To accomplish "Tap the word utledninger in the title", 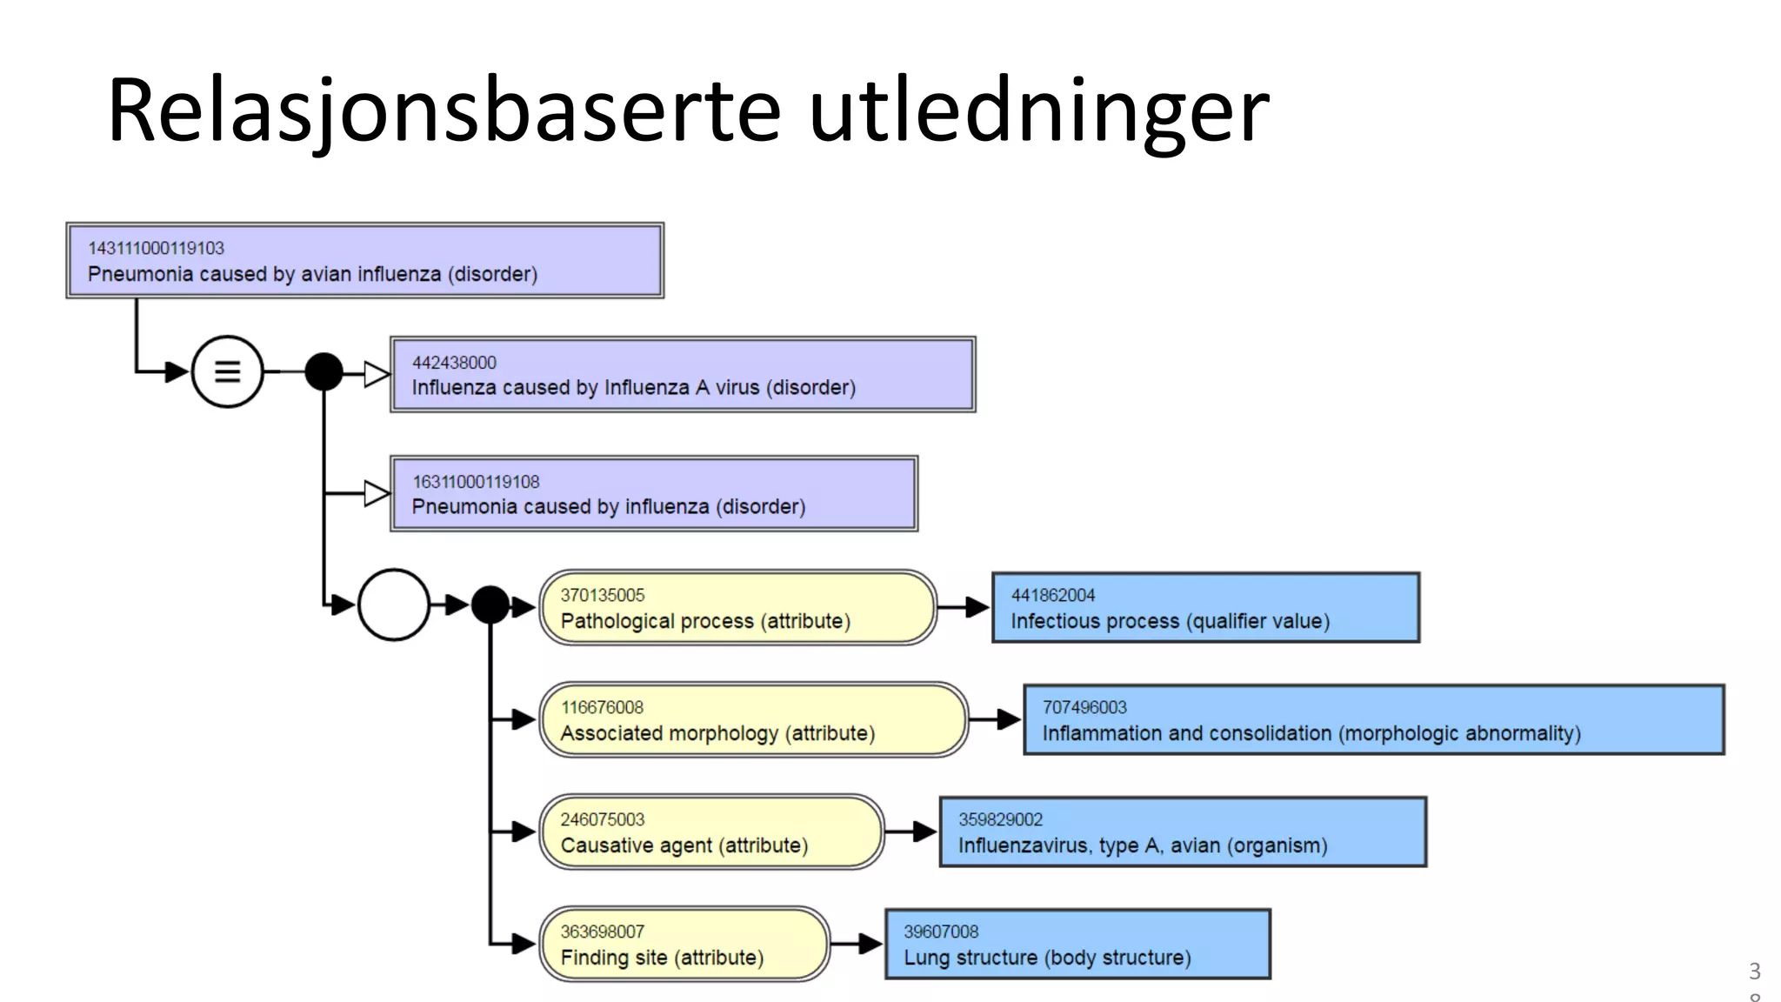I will click(x=1038, y=111).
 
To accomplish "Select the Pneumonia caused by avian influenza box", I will click(x=365, y=261).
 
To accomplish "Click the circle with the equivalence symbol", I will click(x=227, y=372).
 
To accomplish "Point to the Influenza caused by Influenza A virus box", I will click(x=683, y=375).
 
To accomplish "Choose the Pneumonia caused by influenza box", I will click(x=654, y=494).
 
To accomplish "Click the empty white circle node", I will click(x=394, y=605).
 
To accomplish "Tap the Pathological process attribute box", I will click(x=737, y=608).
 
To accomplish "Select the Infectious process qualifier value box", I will click(x=1205, y=608).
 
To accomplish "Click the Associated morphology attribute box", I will click(x=753, y=720).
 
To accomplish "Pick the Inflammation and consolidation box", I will click(x=1373, y=720).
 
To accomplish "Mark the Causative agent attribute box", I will click(x=711, y=832).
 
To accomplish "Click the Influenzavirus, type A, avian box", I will click(x=1183, y=832).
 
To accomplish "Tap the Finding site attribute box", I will click(x=684, y=945).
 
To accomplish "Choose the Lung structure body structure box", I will click(x=1077, y=945).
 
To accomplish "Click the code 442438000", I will click(x=454, y=363).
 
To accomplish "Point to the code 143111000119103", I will click(x=156, y=249).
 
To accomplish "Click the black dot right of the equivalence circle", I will click(x=324, y=372).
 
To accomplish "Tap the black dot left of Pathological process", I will click(x=490, y=605).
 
